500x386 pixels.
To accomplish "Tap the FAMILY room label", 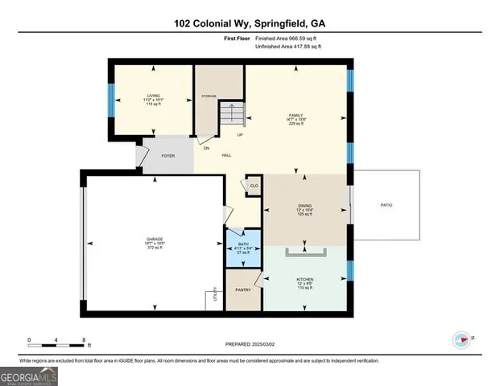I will pyautogui.click(x=295, y=116).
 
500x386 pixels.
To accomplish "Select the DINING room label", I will pyautogui.click(x=304, y=207).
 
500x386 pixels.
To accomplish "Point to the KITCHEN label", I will pyautogui.click(x=304, y=280).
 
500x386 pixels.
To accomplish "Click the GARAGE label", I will pyautogui.click(x=155, y=240).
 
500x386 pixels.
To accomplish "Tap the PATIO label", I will pyautogui.click(x=386, y=205).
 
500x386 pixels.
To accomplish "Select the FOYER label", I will pyautogui.click(x=168, y=156).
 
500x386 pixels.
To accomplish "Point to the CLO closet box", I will pyautogui.click(x=253, y=186).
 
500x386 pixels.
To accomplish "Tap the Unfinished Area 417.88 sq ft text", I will pyautogui.click(x=288, y=47).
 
